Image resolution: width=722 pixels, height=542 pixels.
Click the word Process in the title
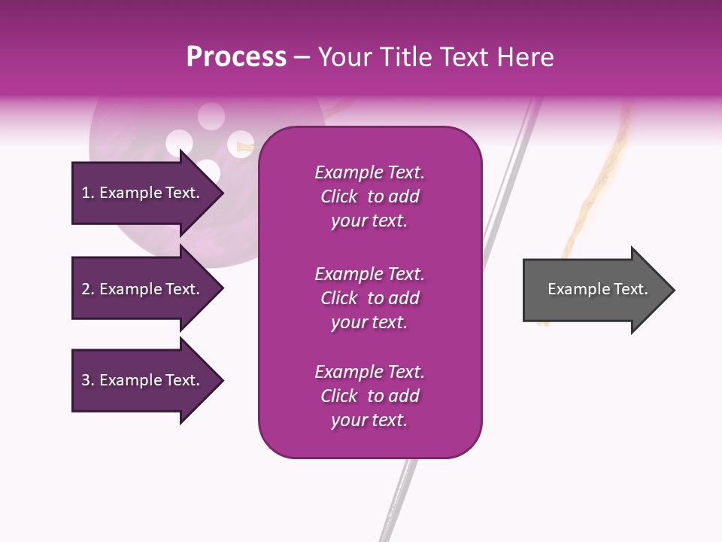(236, 57)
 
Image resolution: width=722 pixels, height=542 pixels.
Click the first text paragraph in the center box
(369, 196)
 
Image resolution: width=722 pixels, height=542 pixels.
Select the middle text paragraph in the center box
(369, 298)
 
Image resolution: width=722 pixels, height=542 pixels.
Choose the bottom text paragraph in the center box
(369, 396)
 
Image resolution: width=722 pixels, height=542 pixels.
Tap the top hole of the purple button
(211, 117)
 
